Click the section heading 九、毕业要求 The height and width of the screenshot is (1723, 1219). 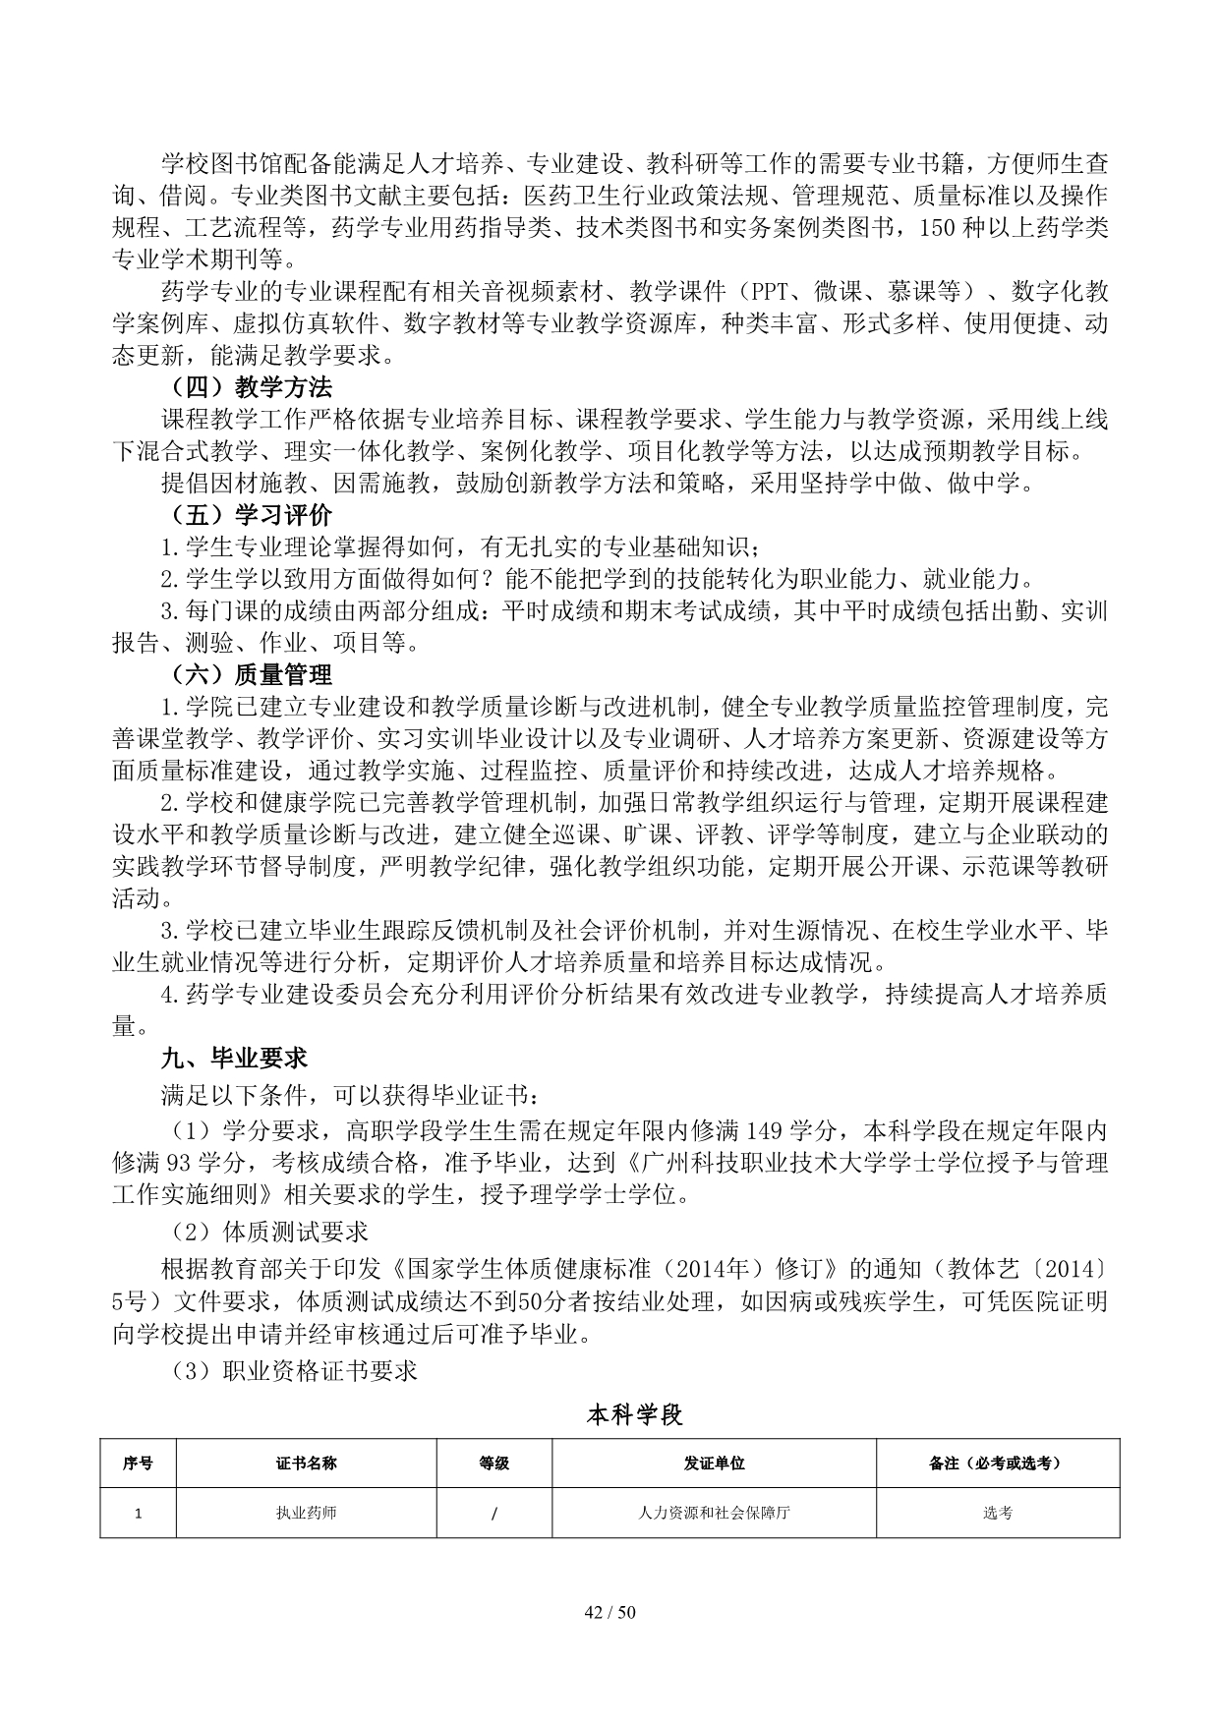(235, 1058)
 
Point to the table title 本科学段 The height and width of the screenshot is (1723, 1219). (634, 1415)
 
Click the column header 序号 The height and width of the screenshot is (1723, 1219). (138, 1463)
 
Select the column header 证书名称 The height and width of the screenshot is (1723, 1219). (307, 1463)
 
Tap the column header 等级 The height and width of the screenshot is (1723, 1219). (493, 1463)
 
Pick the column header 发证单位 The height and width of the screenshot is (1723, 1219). (714, 1463)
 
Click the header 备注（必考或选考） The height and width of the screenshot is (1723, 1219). (997, 1463)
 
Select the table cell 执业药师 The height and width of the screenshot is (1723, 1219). (307, 1513)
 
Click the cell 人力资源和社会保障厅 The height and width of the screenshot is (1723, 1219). (714, 1513)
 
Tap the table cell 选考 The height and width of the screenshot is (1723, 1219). (997, 1513)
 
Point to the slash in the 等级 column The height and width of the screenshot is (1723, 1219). (493, 1514)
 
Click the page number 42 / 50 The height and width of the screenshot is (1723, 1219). (609, 1612)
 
